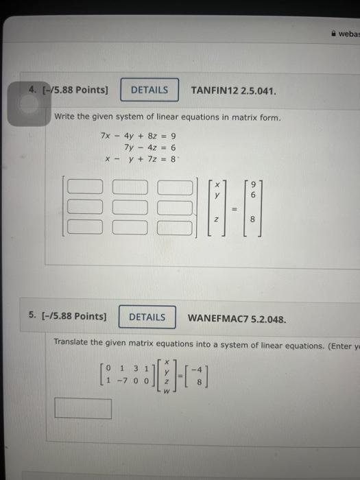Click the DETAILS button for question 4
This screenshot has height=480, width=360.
click(x=149, y=90)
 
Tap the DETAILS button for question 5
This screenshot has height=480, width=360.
click(x=147, y=317)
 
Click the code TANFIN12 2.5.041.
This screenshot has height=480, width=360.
click(x=234, y=90)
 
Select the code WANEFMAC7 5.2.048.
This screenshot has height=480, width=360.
click(x=237, y=318)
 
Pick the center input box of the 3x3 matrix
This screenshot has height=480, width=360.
click(x=130, y=205)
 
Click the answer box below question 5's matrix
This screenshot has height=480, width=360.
click(x=83, y=409)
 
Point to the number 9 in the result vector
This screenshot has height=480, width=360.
click(x=253, y=184)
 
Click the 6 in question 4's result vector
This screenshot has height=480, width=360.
click(x=253, y=195)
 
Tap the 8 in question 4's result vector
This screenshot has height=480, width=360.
click(x=253, y=220)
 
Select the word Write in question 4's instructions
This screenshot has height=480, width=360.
click(x=64, y=117)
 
